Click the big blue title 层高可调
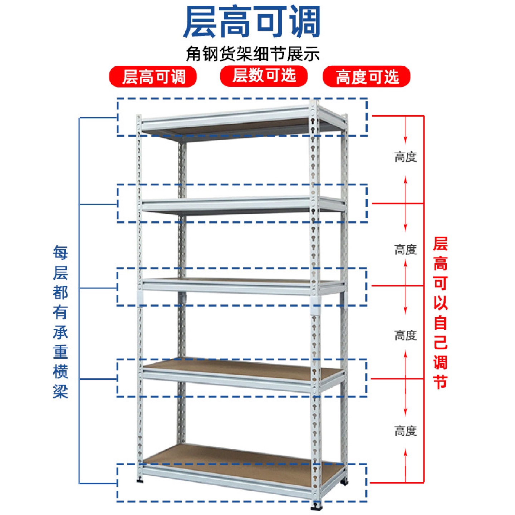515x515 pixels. coord(252,23)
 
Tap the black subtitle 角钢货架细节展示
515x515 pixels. coord(252,54)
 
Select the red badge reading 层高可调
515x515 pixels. coord(153,77)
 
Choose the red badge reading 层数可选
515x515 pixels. coord(264,76)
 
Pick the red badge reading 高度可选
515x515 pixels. coord(367,77)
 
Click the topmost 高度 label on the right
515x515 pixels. coord(406,157)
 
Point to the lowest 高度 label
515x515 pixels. coord(406,431)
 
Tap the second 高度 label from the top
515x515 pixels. coord(406,249)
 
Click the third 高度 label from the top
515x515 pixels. coord(406,335)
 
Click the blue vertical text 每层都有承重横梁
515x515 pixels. coord(60,322)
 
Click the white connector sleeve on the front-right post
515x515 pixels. coord(315,304)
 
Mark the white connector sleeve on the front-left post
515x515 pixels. coord(140,298)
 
